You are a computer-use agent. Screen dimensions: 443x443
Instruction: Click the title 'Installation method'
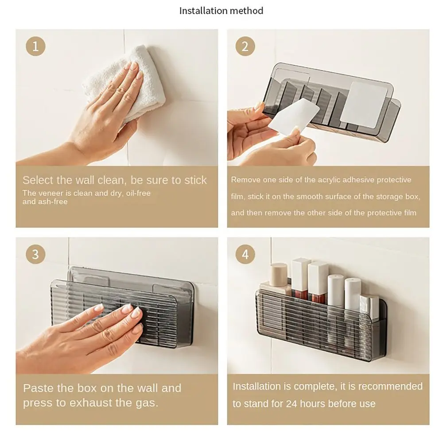point(221,11)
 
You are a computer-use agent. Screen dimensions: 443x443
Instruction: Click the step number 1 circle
point(35,46)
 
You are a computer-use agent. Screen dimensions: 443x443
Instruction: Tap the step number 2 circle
point(245,46)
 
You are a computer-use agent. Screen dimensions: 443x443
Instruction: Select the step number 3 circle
point(35,254)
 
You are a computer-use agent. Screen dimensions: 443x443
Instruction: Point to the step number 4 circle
point(245,254)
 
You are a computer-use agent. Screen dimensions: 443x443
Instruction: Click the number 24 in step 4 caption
point(291,404)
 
